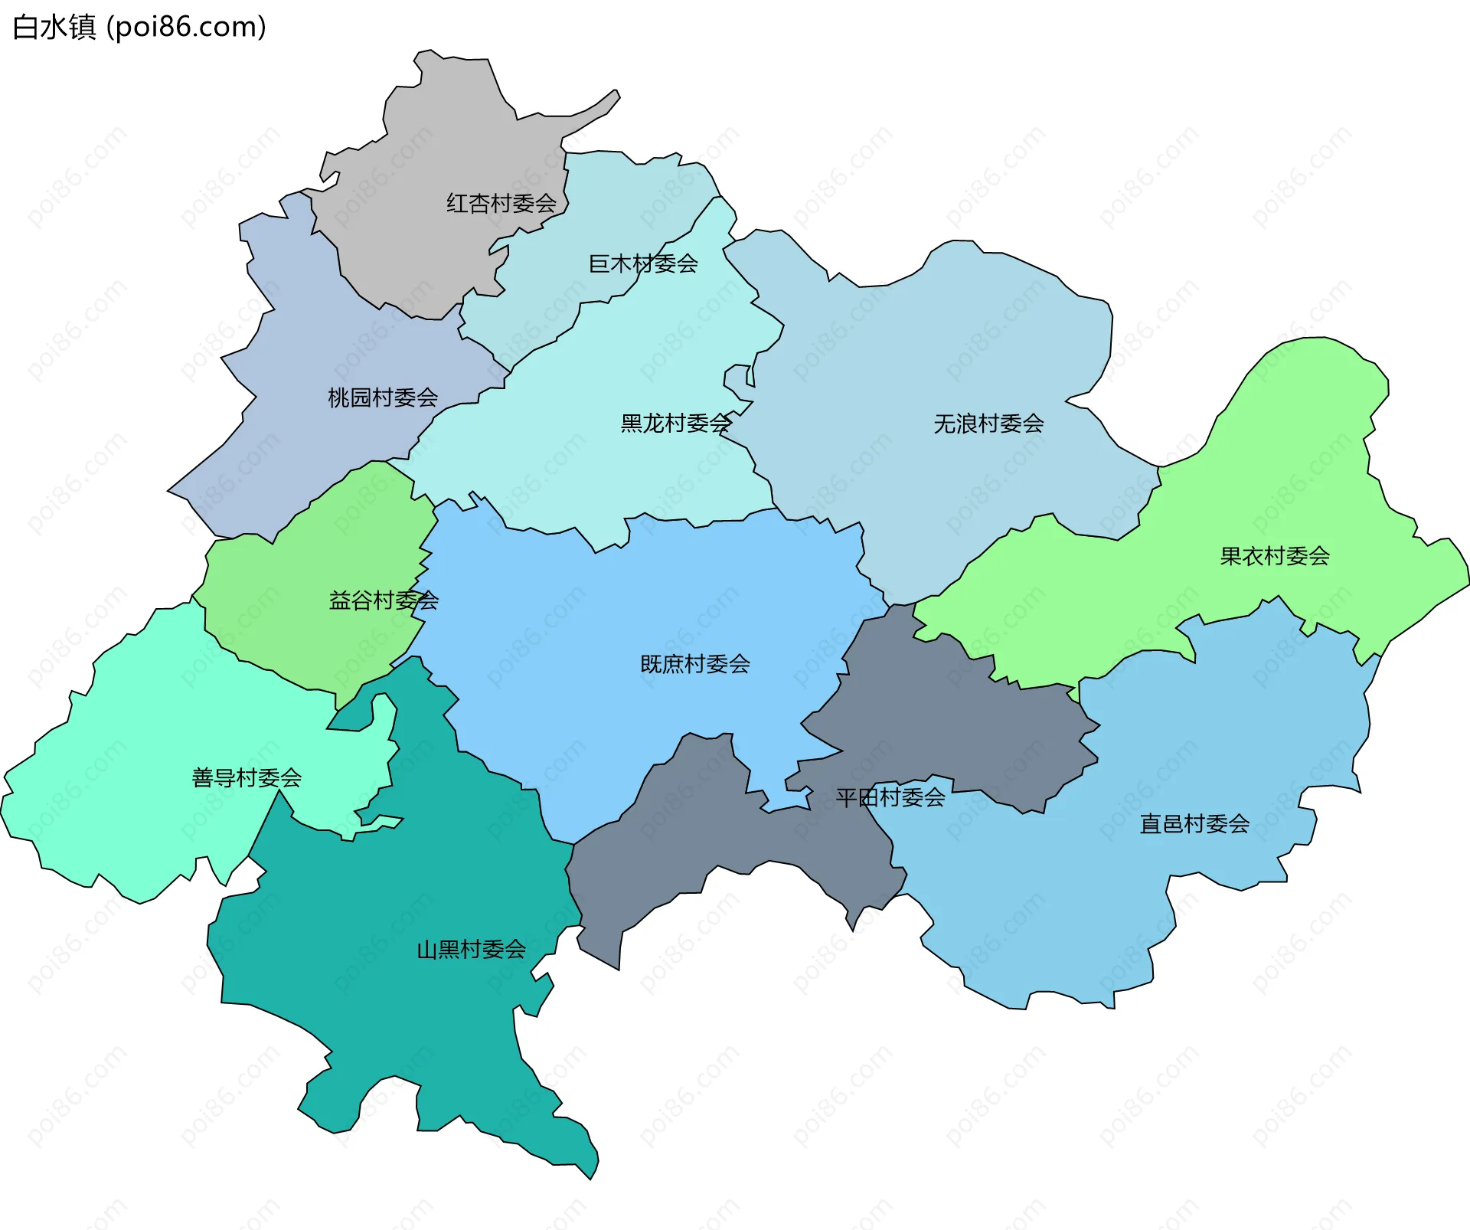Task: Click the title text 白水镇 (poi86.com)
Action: [x=139, y=27]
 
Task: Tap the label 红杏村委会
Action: [x=501, y=204]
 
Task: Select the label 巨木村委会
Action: [x=643, y=264]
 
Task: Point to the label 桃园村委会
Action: [x=383, y=398]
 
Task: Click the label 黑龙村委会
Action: [x=676, y=424]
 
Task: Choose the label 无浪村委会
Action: [x=988, y=424]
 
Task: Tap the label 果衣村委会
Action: [x=1275, y=557]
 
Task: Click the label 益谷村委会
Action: [x=383, y=601]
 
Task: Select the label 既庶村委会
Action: [x=695, y=665]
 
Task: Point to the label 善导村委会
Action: [x=247, y=779]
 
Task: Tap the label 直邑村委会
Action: [x=1194, y=825]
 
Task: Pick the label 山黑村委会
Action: [x=471, y=950]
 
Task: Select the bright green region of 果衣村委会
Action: [x=1302, y=475]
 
